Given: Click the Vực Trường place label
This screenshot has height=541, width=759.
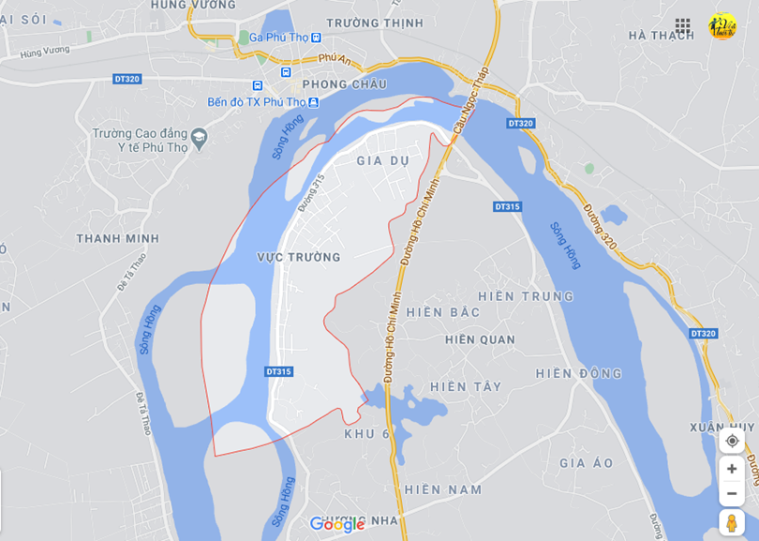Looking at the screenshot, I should (x=299, y=257).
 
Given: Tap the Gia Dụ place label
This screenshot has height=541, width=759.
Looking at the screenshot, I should (x=383, y=160).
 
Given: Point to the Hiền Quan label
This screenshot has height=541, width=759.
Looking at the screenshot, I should (x=480, y=339).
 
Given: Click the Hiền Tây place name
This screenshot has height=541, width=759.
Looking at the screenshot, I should (x=466, y=386).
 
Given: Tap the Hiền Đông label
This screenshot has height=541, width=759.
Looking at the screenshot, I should (x=579, y=373).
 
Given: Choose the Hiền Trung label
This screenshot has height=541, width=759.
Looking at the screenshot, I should (x=526, y=296).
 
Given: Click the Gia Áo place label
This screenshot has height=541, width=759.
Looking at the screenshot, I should (x=587, y=463).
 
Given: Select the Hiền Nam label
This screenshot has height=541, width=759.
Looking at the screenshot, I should (x=443, y=489).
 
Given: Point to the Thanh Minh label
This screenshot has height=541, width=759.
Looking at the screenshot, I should (x=117, y=238).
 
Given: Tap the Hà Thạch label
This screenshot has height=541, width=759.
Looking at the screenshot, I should (x=662, y=35).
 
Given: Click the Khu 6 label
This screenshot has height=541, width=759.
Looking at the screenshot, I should (x=366, y=433).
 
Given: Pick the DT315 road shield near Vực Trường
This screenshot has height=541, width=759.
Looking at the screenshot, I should (x=278, y=372).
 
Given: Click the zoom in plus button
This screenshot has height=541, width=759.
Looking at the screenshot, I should (x=732, y=469).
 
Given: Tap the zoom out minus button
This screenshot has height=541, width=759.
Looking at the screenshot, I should (x=732, y=493).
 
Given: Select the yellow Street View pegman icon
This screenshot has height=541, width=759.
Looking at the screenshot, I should (x=732, y=523).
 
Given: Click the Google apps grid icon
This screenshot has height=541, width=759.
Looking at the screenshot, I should (x=683, y=26).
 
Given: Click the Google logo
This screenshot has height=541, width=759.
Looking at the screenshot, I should (x=337, y=524).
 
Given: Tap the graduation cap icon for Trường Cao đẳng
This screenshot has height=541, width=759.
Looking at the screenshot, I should (x=199, y=141).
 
